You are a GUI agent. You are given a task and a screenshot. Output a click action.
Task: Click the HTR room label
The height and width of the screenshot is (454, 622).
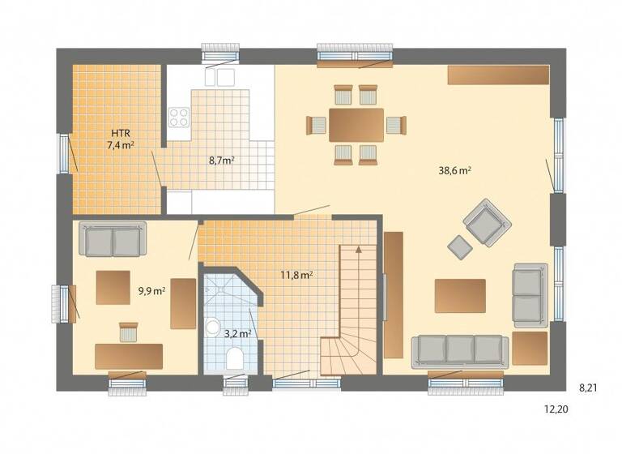pyautogui.click(x=120, y=132)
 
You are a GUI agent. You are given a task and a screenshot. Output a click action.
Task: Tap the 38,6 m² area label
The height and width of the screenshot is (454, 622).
pyautogui.click(x=455, y=171)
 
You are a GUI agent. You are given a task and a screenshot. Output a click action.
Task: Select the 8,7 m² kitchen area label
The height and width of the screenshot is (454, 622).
pyautogui.click(x=221, y=161)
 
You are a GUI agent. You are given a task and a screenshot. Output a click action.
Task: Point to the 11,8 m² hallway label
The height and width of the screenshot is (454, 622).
pyautogui.click(x=296, y=274)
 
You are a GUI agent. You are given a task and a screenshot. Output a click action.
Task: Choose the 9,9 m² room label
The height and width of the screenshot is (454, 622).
pyautogui.click(x=151, y=289)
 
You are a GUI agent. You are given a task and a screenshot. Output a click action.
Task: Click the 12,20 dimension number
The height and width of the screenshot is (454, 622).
pyautogui.click(x=556, y=409)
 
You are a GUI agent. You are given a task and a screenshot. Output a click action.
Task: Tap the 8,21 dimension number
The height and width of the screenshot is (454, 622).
pyautogui.click(x=589, y=388)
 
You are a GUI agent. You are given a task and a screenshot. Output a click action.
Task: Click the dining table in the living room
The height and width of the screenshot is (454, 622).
pyautogui.click(x=356, y=125)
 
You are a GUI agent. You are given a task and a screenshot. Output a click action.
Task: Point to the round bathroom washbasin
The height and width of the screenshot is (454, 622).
pyautogui.click(x=213, y=327)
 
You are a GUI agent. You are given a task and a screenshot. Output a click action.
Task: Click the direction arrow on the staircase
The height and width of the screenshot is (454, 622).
pyautogui.click(x=357, y=254)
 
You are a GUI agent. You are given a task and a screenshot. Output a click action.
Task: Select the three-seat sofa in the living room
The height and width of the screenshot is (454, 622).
pyautogui.click(x=460, y=350)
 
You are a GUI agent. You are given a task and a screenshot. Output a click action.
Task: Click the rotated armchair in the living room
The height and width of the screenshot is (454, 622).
pyautogui.click(x=487, y=221)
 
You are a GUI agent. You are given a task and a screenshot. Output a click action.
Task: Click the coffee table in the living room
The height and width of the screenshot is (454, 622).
pyautogui.click(x=460, y=295)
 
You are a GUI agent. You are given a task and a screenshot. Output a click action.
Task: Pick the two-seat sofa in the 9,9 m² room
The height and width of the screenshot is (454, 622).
pyautogui.click(x=113, y=241)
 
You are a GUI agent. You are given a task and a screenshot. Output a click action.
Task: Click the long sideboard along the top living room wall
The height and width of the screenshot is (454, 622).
pyautogui.click(x=498, y=75)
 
